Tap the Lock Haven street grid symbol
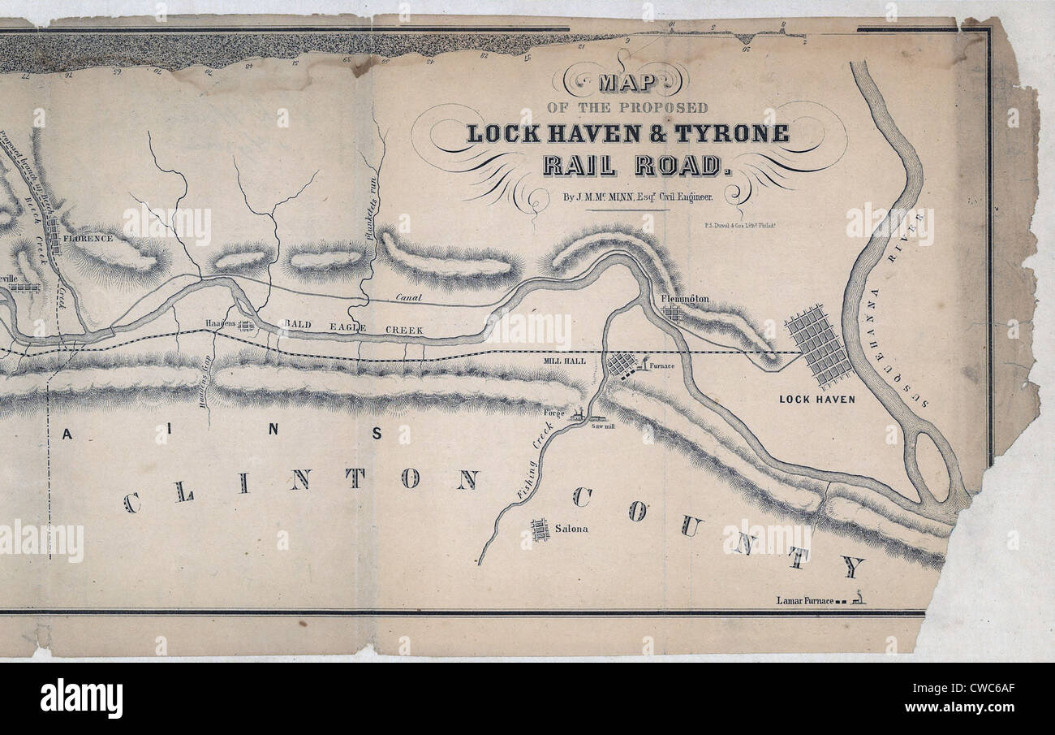(x=819, y=346)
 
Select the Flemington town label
(x=685, y=299)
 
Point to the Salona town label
(x=571, y=529)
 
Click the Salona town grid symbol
(x=540, y=530)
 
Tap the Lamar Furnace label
(x=804, y=600)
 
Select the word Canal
(x=410, y=297)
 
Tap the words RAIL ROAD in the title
(x=631, y=165)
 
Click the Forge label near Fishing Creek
(x=554, y=413)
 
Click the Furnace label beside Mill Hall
(x=662, y=367)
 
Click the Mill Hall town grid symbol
(x=622, y=365)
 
